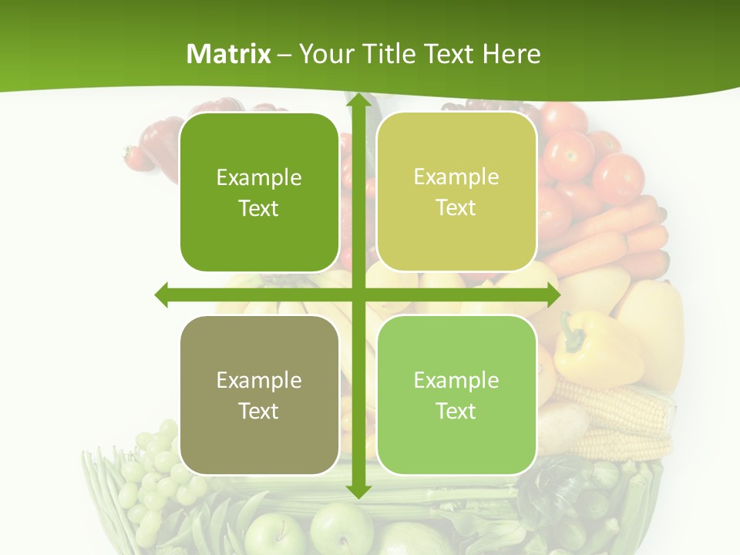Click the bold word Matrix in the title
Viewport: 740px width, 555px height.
point(229,54)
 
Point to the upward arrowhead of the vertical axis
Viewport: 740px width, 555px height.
point(358,103)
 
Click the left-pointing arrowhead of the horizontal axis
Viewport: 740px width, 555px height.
point(162,294)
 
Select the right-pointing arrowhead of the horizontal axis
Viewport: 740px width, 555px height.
point(552,294)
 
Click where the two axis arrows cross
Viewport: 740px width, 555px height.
point(358,294)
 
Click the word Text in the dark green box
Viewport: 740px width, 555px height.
point(258,209)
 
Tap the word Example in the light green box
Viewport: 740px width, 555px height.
point(456,380)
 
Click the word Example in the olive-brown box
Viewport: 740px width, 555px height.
point(258,380)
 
